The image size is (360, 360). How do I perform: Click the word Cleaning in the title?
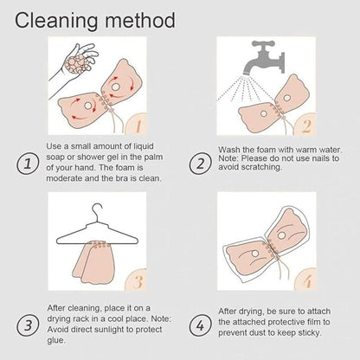[56, 22]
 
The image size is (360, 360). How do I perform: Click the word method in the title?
[140, 20]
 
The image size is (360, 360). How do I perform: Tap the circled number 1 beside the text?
[28, 164]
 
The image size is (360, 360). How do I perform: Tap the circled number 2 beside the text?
[200, 164]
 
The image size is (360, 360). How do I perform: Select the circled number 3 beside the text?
[28, 325]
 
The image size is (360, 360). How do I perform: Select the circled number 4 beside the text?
[200, 325]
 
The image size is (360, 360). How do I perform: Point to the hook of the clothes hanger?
[97, 212]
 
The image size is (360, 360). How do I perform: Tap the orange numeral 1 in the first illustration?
[138, 126]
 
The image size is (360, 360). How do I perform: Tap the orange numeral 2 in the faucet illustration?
[306, 126]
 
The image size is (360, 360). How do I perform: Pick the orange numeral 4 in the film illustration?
[307, 282]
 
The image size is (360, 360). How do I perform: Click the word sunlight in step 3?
[115, 330]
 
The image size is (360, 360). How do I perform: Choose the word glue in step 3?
[56, 341]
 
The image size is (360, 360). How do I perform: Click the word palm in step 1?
[153, 157]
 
